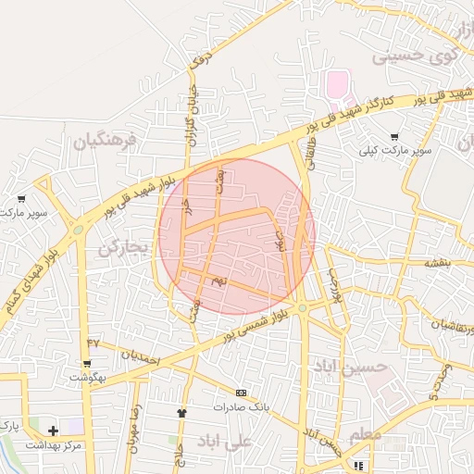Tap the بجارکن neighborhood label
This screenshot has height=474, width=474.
pos(122,248)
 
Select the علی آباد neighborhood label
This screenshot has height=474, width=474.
pos(223,442)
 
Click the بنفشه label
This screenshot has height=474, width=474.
pos(436,263)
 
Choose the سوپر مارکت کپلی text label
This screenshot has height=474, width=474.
pos(397,150)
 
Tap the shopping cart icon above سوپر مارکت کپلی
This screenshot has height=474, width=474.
pos(394,137)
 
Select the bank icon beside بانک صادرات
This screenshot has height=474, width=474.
pos(242,393)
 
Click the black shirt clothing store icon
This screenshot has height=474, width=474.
pos(181,413)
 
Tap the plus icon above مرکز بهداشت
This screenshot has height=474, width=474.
pos(53,430)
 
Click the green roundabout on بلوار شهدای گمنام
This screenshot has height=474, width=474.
pos(78,229)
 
